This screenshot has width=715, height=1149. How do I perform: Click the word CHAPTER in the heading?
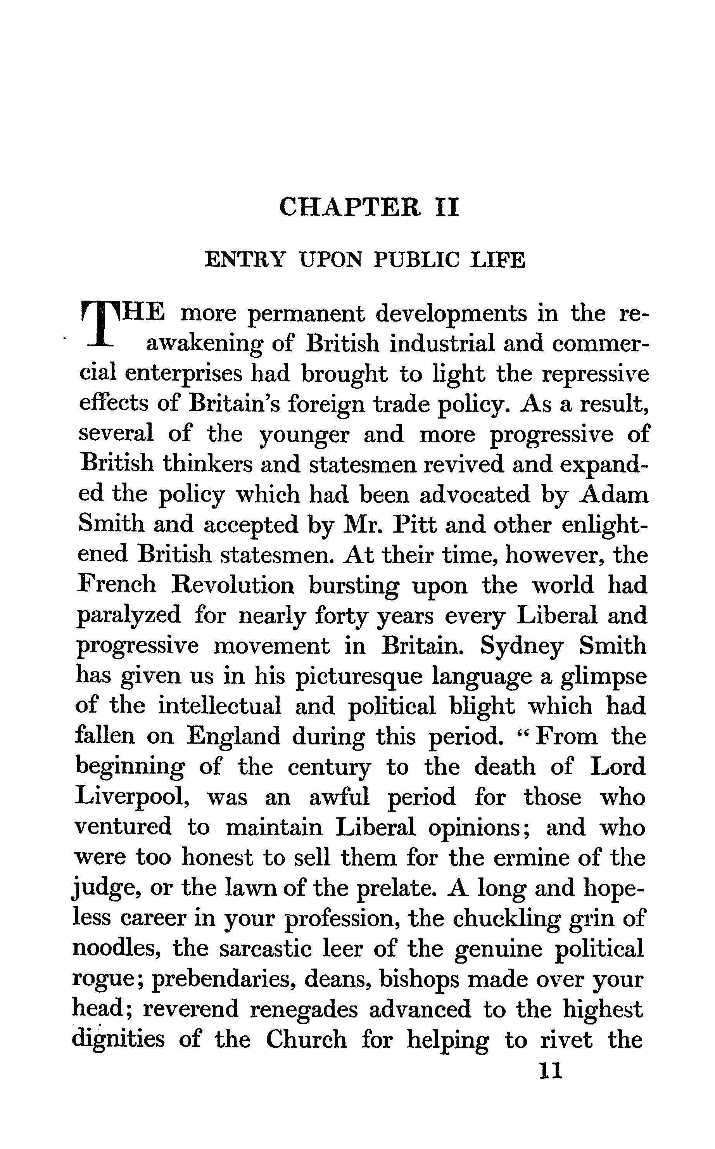tap(349, 208)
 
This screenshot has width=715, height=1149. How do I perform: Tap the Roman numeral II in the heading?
tap(446, 208)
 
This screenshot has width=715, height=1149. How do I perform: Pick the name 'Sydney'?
tap(522, 647)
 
